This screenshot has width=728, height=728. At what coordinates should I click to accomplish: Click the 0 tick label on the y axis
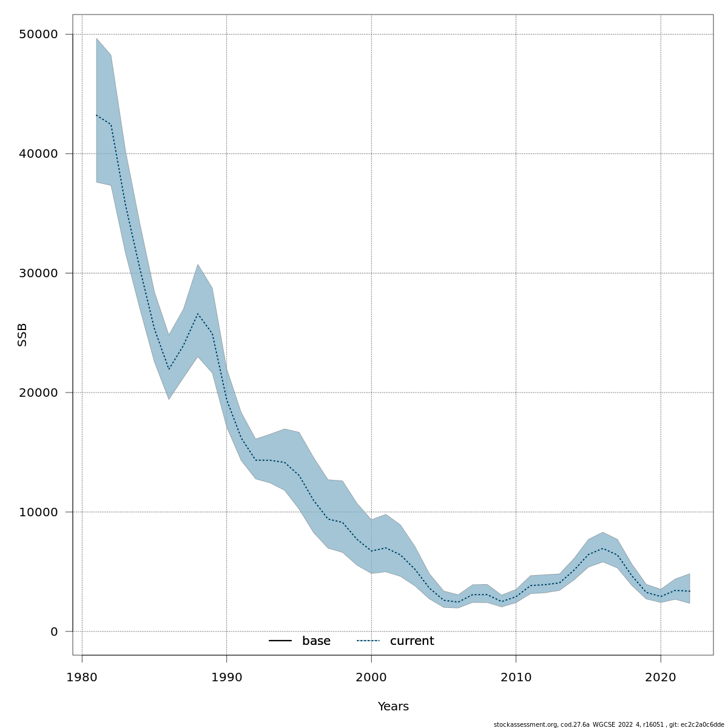click(x=54, y=632)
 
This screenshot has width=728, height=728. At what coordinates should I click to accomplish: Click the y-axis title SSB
click(x=22, y=335)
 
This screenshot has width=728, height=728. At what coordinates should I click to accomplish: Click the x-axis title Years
click(x=393, y=707)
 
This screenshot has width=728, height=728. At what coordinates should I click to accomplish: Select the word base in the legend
click(x=316, y=641)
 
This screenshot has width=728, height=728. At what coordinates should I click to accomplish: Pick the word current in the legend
click(x=412, y=641)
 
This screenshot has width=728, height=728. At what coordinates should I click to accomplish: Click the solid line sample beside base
click(x=280, y=641)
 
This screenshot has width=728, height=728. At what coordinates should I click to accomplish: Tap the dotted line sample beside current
click(x=368, y=641)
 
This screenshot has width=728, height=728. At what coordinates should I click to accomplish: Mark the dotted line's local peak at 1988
click(x=198, y=314)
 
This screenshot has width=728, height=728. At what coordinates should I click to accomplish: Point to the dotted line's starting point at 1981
click(x=96, y=115)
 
